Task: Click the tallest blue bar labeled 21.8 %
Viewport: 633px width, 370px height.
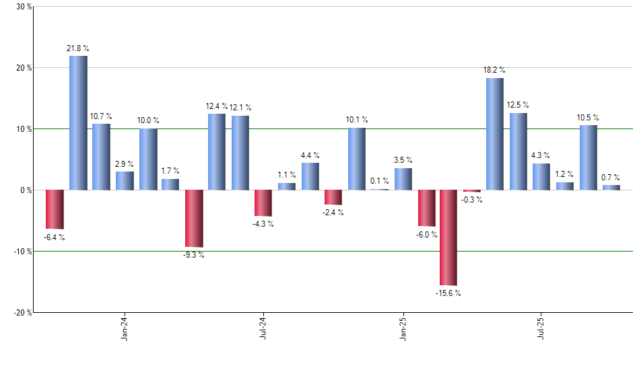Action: (78, 122)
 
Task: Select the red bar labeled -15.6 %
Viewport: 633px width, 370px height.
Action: (448, 237)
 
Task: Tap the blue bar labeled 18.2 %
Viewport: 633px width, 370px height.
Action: (495, 134)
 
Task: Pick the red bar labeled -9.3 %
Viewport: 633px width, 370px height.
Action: (194, 219)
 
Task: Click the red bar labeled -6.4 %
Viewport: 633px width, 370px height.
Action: (55, 209)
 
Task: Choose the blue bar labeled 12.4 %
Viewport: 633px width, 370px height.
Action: (217, 152)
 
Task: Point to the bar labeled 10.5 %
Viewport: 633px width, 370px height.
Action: (588, 157)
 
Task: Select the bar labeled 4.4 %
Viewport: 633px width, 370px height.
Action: (310, 176)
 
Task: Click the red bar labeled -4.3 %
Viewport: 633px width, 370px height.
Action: (263, 203)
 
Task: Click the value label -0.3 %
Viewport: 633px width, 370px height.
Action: (472, 200)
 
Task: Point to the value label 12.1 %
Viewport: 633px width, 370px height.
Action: (240, 107)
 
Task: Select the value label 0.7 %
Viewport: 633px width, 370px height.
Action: (611, 177)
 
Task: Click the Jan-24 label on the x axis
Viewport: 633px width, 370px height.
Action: (125, 328)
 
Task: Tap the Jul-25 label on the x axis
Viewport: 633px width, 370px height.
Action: (541, 328)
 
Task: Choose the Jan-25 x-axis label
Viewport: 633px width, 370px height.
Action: (403, 328)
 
